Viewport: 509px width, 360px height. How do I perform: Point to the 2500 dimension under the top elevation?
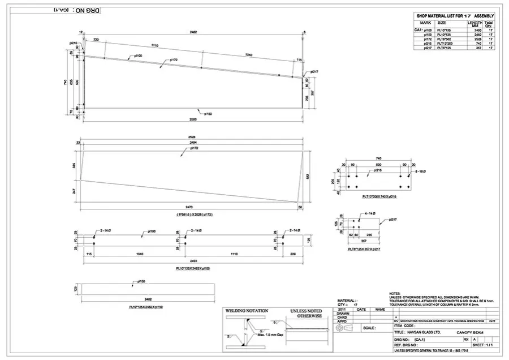tap(193, 119)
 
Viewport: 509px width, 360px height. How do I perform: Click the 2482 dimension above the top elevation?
tap(193, 32)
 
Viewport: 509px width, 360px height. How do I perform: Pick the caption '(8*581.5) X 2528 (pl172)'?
tap(191, 216)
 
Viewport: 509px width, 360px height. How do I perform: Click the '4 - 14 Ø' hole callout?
tap(370, 213)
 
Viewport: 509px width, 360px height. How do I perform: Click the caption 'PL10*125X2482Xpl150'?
tap(148, 306)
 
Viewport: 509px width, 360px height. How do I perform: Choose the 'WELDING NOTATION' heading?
tap(246, 311)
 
